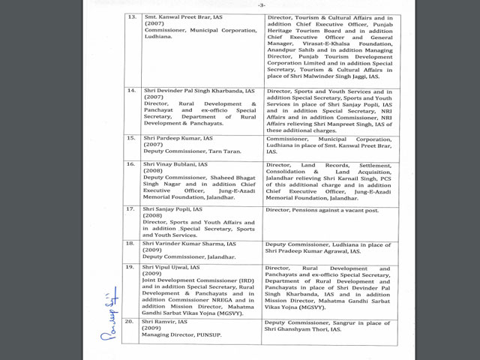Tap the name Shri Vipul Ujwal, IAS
tap(173, 267)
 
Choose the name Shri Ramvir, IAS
tap(166, 322)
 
